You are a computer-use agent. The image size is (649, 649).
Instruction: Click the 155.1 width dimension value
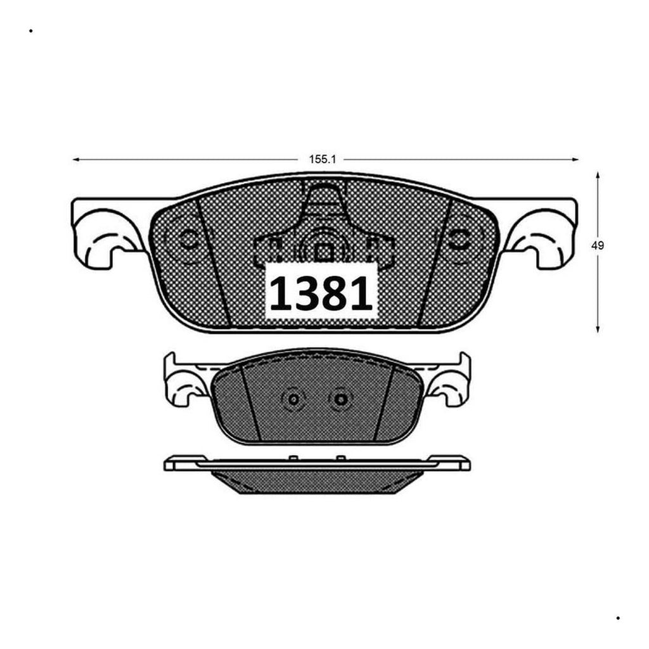point(323,159)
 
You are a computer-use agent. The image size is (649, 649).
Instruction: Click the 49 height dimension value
point(597,245)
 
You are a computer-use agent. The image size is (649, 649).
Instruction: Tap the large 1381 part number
point(321,293)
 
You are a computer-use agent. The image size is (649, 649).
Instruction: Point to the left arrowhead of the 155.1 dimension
point(76,159)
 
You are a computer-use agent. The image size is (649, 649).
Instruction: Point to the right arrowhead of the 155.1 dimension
point(575,159)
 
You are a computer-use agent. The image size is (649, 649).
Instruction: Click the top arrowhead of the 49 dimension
point(598,176)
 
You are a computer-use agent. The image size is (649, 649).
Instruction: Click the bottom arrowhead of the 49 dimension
point(598,329)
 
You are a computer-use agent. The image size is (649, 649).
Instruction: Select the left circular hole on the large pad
point(188,239)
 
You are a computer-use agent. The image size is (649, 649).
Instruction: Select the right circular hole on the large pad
point(459,239)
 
